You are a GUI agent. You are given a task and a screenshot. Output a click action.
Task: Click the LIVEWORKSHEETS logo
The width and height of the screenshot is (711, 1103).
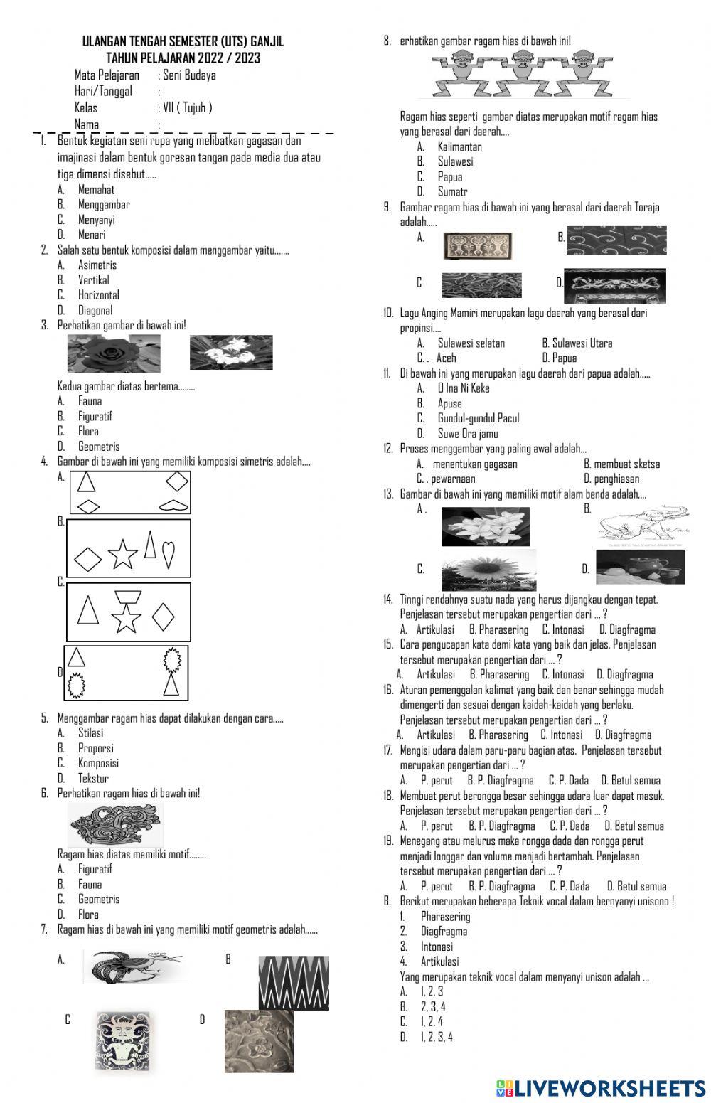(x=601, y=1087)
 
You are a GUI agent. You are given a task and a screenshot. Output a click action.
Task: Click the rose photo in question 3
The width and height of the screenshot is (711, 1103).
(x=113, y=353)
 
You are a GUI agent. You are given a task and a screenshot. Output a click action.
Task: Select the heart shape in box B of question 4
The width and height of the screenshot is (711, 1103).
(x=169, y=553)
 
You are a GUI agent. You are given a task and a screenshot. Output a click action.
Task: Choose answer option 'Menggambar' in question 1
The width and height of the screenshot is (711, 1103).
(x=104, y=205)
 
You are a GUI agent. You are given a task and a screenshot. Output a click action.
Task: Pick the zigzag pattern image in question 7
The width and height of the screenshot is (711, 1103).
(x=294, y=981)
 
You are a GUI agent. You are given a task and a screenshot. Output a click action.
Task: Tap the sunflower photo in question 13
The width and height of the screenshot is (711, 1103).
(x=488, y=571)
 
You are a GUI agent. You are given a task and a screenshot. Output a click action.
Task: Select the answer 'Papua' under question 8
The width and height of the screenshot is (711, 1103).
(x=449, y=176)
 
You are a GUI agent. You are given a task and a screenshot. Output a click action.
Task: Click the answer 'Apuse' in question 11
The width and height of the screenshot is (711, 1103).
(x=449, y=403)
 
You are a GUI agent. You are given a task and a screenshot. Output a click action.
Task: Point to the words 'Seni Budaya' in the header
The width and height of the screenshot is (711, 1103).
(x=189, y=75)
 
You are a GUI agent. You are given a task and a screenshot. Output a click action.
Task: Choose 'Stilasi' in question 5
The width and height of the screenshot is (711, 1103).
(x=90, y=733)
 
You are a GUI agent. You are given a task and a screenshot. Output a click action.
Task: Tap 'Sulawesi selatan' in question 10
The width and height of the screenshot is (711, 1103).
(x=471, y=343)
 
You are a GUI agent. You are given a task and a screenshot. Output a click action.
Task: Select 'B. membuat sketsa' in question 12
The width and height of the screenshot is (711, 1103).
(x=621, y=464)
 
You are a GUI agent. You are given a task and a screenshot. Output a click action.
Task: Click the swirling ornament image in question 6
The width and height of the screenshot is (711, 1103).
(x=116, y=826)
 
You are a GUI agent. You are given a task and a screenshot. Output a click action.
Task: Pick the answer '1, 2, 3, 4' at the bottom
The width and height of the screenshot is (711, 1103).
(x=436, y=1037)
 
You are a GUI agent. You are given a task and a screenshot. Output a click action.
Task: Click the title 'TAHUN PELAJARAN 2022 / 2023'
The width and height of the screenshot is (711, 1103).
(x=183, y=58)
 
